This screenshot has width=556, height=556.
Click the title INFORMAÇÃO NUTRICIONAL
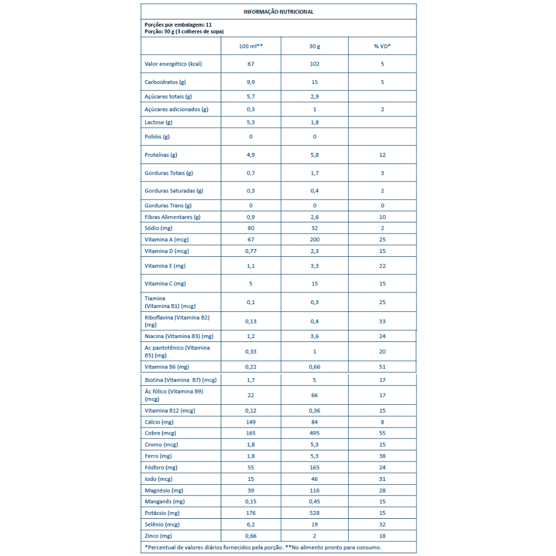278,12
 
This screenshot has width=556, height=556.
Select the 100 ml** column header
251,46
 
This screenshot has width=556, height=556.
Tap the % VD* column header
382,46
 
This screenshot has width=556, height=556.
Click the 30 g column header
315,46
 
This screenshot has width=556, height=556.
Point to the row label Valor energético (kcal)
172,64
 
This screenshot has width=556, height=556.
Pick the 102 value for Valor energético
315,64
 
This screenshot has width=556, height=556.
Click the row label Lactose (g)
158,122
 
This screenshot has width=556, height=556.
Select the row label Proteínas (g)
161,155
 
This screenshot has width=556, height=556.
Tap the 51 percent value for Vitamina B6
383,367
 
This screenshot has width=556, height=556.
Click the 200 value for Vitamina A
315,239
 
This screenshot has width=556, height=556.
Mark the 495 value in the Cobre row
315,433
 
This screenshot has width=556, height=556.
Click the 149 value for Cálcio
251,422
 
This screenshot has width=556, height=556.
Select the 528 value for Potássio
315,513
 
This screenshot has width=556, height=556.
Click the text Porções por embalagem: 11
178,25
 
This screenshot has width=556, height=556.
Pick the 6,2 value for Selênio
251,524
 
